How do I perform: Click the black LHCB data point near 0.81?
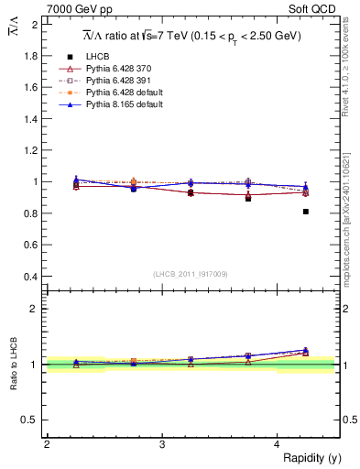[x=306, y=212]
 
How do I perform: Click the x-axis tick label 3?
[x=162, y=444]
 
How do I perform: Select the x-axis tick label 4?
[x=278, y=444]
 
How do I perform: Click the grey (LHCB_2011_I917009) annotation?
[x=191, y=274]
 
